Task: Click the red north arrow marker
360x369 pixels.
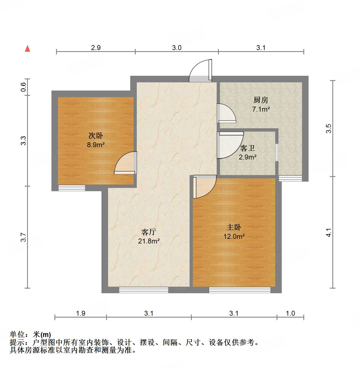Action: pos(27,49)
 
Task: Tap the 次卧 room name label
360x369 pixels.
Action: pos(96,135)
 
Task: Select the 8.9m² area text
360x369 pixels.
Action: pos(96,145)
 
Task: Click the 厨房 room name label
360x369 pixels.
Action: pos(261,100)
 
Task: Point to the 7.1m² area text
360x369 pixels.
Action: pos(261,109)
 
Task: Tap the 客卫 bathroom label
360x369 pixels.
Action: pos(248,148)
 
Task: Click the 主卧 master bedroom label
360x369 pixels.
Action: pos(234,227)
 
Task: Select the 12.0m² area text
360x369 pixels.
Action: pos(234,236)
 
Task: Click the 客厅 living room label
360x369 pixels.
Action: pos(149,232)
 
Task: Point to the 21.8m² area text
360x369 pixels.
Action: pos(149,241)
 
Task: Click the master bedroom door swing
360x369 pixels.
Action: pos(204,187)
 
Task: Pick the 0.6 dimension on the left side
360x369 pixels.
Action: pos(23,87)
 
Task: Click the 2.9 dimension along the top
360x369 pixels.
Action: pos(96,48)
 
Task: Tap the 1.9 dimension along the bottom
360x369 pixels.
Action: pos(80,313)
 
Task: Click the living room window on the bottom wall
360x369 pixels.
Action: pos(144,290)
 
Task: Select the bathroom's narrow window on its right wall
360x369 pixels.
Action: pos(277,152)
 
